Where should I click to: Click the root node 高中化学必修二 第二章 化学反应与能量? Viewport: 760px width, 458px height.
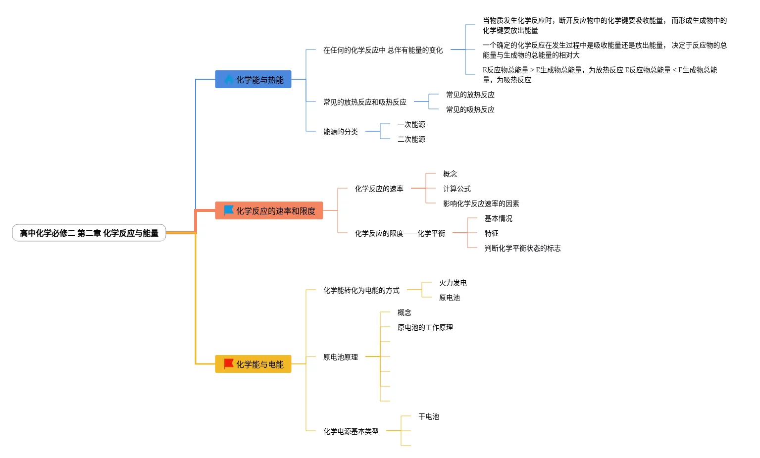[x=89, y=233]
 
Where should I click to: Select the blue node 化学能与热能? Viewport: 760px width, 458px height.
[x=253, y=80]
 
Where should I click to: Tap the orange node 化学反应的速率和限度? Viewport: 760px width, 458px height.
[x=269, y=211]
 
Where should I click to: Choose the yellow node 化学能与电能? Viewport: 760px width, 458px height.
[x=253, y=364]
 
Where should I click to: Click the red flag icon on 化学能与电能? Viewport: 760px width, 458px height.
[x=229, y=364]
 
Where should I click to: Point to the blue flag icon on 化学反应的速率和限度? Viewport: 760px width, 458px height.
[x=229, y=210]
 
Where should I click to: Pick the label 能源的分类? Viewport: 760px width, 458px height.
[x=341, y=132]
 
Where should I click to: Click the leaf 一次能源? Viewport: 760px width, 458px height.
[x=411, y=124]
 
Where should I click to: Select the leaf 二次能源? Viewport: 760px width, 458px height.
[x=411, y=139]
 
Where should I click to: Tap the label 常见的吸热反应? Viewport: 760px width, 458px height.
[x=470, y=109]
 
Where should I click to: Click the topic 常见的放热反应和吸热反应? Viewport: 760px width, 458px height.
[x=365, y=102]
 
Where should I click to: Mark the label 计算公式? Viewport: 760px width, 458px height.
[x=457, y=189]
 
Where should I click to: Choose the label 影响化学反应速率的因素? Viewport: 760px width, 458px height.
[x=481, y=204]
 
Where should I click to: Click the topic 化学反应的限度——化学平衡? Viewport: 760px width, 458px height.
[x=400, y=233]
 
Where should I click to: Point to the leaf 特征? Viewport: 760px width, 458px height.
[x=492, y=233]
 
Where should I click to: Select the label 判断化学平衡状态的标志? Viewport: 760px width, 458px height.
[x=523, y=248]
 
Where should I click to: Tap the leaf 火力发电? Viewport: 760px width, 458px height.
[x=453, y=283]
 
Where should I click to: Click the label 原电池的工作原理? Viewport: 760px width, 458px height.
[x=425, y=327]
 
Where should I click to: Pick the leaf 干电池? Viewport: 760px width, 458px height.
[x=429, y=416]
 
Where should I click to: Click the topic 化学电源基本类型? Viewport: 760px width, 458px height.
[x=351, y=431]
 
